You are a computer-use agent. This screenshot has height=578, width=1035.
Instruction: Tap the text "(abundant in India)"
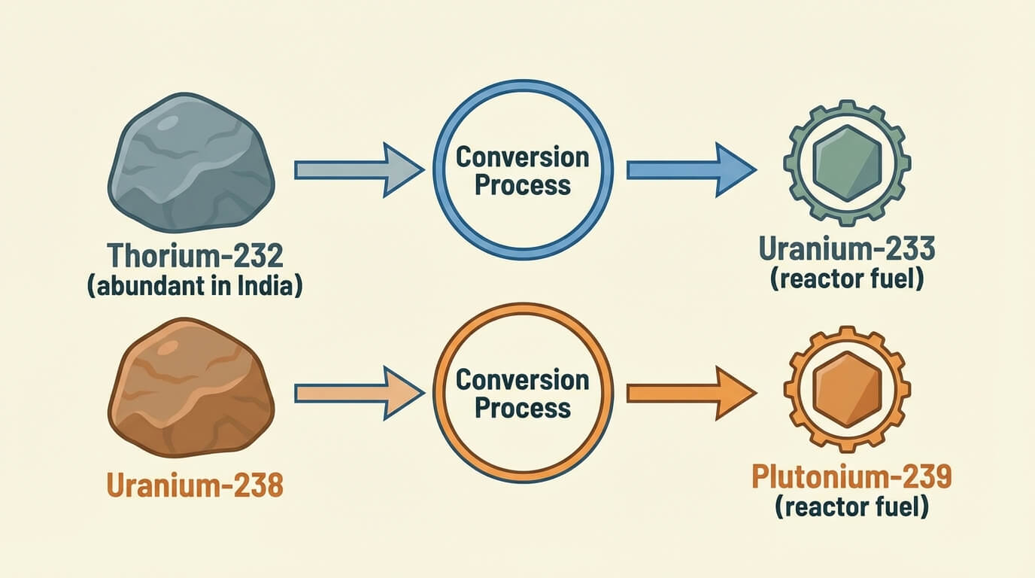(196, 287)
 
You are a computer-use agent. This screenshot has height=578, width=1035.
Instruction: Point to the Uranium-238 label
(195, 485)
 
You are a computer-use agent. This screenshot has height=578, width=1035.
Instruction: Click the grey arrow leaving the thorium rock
(357, 169)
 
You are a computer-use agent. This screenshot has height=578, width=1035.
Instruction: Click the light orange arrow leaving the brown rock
(357, 392)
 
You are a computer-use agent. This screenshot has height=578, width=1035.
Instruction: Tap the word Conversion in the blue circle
(523, 157)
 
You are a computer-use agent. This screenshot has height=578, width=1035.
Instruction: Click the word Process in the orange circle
(523, 409)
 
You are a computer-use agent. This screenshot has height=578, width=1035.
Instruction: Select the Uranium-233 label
(847, 249)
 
